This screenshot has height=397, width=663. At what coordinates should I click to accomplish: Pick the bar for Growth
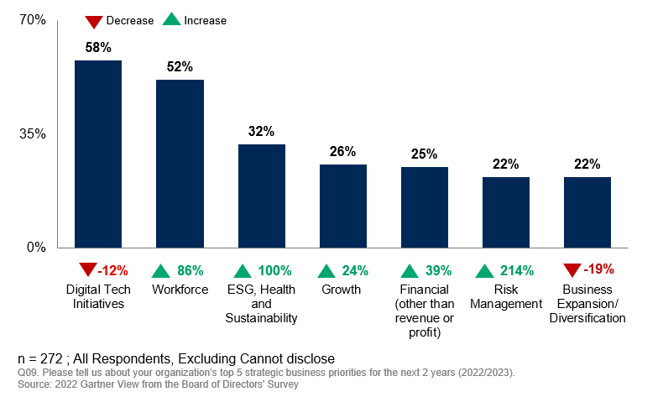pos(342,206)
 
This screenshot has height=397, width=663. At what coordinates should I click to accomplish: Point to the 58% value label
pos(98,48)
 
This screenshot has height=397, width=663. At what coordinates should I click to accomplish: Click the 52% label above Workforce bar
pos(180,67)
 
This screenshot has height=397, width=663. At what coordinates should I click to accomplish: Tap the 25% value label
pos(424,154)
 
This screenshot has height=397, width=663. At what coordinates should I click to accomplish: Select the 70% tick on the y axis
pos(33,20)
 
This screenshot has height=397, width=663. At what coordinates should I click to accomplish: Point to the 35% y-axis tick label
pos(33,134)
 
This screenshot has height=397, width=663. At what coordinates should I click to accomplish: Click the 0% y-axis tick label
pos(36,248)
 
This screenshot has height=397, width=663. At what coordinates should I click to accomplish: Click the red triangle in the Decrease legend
pos(92,19)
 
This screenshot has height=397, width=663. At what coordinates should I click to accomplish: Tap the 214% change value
pos(516,270)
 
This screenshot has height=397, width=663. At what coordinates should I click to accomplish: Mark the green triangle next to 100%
pos(243,270)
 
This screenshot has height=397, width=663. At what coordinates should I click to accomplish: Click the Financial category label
pos(424,290)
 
